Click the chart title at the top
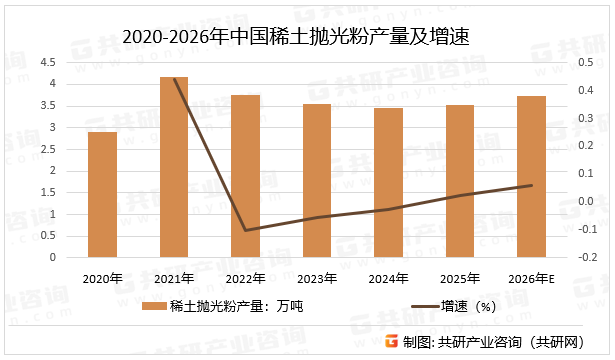tap(301, 37)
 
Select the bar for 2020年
tap(101, 195)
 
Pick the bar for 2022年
tap(246, 176)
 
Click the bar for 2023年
tap(317, 181)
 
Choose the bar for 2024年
tap(388, 183)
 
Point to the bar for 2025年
tap(460, 181)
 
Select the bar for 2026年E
tap(531, 177)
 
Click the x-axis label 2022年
tap(246, 277)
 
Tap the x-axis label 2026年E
tap(531, 277)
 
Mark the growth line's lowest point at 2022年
tap(246, 230)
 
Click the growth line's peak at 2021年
tap(175, 79)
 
